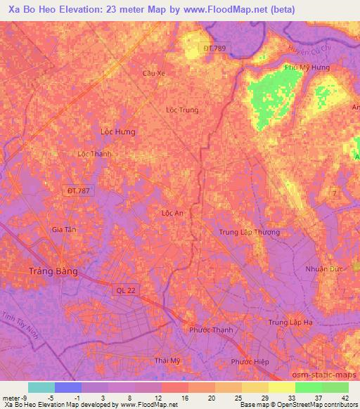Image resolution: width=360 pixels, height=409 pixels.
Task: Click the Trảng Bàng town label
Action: tap(52, 271)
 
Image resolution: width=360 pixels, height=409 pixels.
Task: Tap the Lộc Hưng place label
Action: tap(117, 131)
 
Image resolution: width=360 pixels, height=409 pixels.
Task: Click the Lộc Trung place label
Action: tap(181, 110)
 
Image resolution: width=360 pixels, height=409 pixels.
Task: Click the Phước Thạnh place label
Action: tap(211, 330)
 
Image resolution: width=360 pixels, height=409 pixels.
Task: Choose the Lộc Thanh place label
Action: tap(95, 153)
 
